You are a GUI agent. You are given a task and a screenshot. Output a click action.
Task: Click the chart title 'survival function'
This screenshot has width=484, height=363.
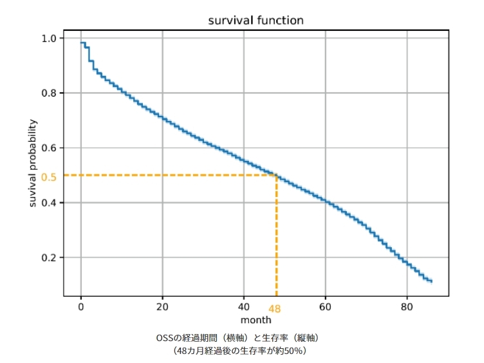point(256,21)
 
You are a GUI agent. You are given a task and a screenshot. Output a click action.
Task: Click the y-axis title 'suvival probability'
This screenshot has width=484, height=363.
point(33,163)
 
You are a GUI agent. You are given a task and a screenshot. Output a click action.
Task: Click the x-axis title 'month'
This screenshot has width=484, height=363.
point(256,320)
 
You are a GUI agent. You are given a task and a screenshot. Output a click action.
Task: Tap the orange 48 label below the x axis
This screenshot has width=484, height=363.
point(275,308)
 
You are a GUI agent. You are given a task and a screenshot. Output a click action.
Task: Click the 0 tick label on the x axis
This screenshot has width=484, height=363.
point(81,307)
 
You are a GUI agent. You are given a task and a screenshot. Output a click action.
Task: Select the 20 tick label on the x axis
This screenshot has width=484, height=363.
point(162,307)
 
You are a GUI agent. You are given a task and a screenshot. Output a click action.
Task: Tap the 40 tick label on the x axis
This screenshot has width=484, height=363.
point(244,307)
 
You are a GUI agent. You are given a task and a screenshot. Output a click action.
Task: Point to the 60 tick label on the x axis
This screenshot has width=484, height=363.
point(325,307)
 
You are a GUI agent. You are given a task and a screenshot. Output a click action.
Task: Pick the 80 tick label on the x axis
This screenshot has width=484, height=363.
point(407,307)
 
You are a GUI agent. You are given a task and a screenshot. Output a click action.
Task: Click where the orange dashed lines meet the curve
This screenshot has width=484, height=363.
point(276,175)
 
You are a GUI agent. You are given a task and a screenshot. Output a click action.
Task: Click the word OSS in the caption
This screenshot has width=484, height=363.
point(164,337)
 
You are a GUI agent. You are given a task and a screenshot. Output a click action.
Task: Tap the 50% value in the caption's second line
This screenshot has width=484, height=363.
point(293,351)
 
